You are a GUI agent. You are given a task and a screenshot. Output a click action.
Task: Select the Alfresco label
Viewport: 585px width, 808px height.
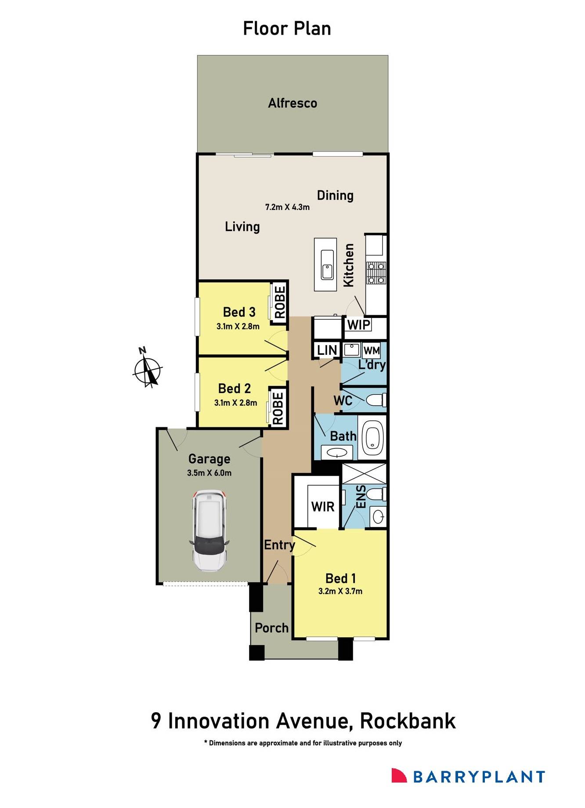[292, 103]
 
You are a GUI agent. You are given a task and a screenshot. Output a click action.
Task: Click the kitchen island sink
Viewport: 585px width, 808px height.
[327, 264]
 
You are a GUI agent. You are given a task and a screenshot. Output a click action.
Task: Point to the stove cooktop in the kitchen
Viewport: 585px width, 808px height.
[376, 273]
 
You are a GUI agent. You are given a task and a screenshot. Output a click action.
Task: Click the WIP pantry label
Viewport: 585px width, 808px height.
[358, 325]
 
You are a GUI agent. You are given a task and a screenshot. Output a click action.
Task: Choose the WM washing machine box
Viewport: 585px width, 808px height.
[372, 350]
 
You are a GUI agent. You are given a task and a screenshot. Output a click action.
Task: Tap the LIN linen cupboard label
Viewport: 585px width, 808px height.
[327, 350]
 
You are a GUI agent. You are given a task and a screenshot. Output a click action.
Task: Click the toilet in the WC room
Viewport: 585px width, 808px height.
[376, 400]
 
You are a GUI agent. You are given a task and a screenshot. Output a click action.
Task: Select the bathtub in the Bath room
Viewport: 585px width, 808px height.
[373, 437]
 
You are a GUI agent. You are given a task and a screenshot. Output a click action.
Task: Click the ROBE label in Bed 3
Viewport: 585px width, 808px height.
[280, 302]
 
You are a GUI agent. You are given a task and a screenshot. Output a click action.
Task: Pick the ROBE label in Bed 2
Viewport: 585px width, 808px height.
[278, 408]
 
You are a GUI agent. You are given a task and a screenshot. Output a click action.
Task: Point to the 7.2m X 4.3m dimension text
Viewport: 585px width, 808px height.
[287, 207]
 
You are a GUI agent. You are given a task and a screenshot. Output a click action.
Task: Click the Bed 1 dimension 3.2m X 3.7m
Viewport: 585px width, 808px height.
[340, 591]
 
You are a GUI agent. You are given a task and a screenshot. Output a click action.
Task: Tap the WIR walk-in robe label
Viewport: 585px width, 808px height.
[323, 507]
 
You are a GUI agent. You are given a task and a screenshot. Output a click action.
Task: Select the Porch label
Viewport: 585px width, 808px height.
[271, 628]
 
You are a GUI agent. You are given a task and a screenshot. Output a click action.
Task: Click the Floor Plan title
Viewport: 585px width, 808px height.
[287, 29]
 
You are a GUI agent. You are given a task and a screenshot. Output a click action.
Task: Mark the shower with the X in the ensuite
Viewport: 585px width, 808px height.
[364, 473]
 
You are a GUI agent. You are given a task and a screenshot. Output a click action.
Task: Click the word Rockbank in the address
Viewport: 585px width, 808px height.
[408, 721]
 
